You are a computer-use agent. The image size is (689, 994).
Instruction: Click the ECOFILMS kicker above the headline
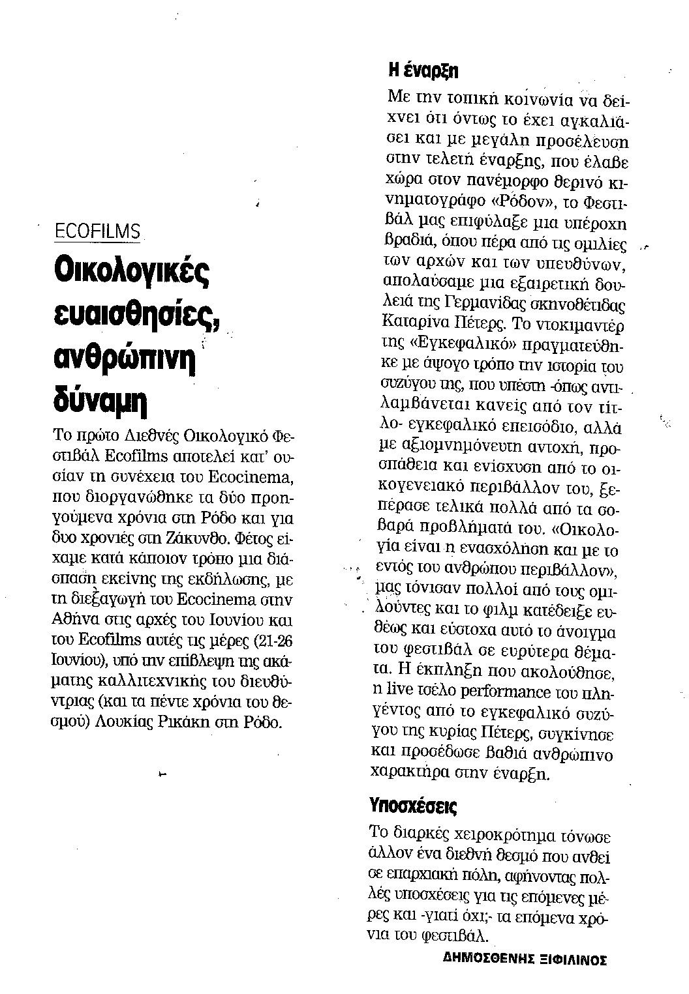coord(98,231)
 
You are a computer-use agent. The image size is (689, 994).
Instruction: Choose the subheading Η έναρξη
coord(424,70)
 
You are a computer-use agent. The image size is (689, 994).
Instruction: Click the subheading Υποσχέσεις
coord(413,806)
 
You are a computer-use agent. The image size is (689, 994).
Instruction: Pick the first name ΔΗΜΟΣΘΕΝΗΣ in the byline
coord(483,959)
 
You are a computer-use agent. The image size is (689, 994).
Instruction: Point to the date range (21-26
coord(266,641)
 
